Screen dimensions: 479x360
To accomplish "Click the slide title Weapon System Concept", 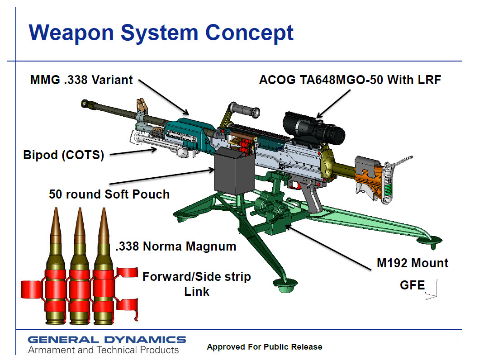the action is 161,33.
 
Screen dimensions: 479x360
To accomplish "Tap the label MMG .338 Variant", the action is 81,80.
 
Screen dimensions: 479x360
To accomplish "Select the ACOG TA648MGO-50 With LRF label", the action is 350,80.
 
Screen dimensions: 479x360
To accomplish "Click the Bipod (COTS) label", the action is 63,155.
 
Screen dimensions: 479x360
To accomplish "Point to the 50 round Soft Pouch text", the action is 109,194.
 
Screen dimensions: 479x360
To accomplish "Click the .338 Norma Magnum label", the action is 175,246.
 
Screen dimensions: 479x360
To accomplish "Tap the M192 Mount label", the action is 413,263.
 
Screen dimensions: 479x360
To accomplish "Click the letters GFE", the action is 413,285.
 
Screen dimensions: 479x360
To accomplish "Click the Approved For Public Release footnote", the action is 265,347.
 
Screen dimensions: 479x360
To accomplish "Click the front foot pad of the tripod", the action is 285,285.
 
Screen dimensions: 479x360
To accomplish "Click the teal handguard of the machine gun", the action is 188,134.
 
